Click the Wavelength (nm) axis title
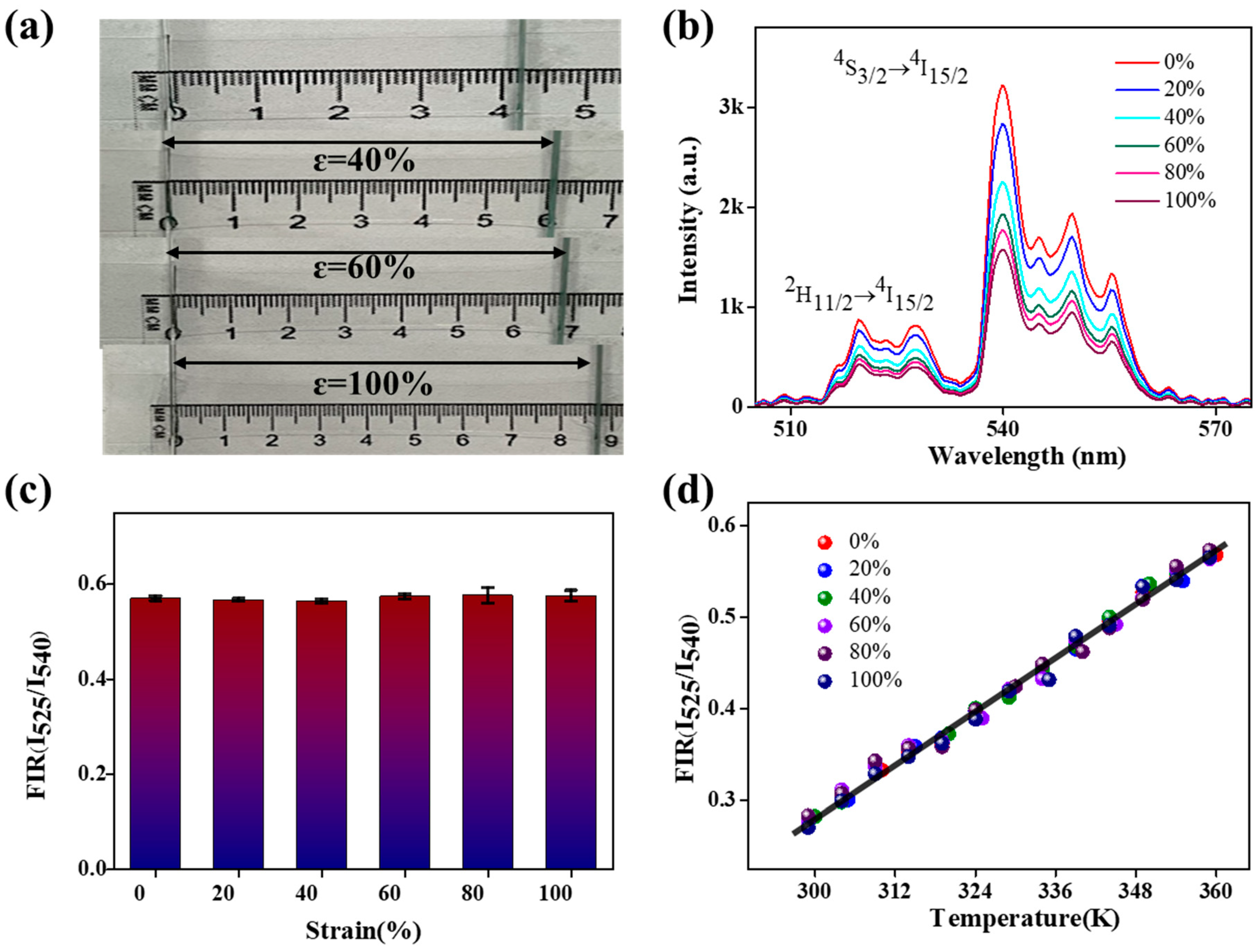(x=1026, y=456)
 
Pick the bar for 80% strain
(x=487, y=733)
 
